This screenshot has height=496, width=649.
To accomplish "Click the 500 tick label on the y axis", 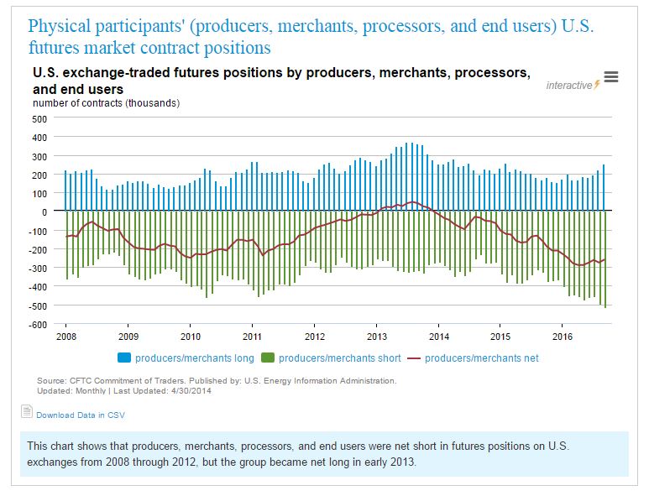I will [39, 118].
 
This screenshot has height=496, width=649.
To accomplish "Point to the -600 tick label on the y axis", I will [38, 324].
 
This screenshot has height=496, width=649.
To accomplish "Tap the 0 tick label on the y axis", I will [44, 211].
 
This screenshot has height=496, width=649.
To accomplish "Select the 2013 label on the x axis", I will [377, 337].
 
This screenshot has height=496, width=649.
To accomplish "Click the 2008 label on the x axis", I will [65, 337].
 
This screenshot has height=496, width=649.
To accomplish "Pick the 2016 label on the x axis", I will [563, 337].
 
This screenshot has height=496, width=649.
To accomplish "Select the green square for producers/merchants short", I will [269, 358].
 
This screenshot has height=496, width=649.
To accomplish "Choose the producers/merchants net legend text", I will [482, 358].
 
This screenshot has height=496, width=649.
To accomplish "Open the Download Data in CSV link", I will [81, 415].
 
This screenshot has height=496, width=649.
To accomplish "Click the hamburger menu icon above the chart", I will [611, 77].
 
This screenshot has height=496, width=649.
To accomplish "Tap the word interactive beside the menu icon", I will [568, 85].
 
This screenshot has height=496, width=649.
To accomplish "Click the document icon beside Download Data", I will [26, 412].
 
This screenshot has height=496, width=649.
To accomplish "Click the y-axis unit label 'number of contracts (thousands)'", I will [106, 103].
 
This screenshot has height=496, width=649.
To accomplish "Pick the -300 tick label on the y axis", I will [38, 268].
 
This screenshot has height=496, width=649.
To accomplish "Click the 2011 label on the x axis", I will [252, 337].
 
